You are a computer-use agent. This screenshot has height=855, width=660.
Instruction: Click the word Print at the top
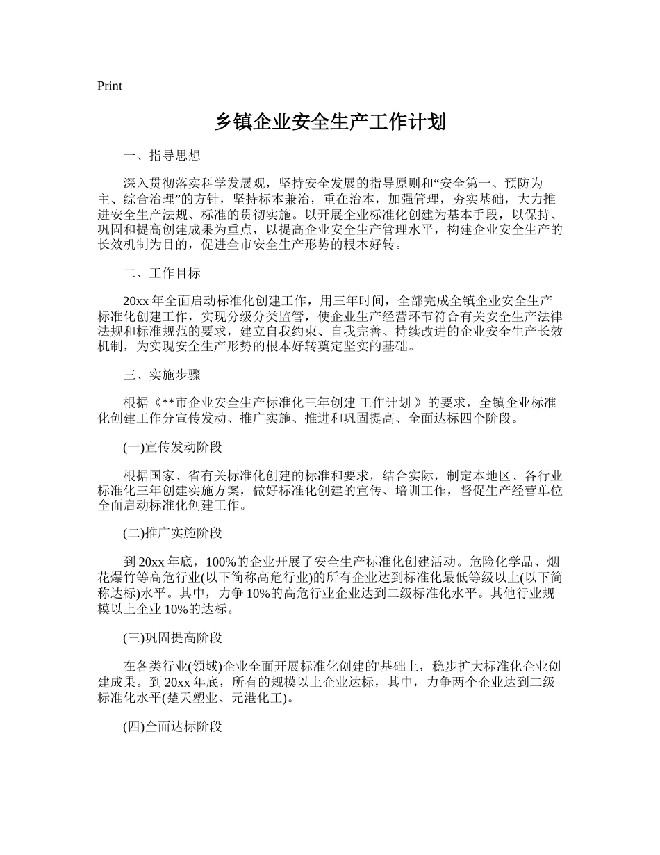click(110, 86)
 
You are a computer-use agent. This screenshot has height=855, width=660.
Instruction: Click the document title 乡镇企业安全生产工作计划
click(330, 122)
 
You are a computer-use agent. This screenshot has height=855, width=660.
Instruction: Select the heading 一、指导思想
click(162, 156)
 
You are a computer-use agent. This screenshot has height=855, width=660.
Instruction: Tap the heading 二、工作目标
click(162, 273)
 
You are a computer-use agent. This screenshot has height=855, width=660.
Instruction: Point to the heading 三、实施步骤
click(162, 375)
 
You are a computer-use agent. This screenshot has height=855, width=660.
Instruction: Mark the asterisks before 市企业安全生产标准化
click(170, 403)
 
